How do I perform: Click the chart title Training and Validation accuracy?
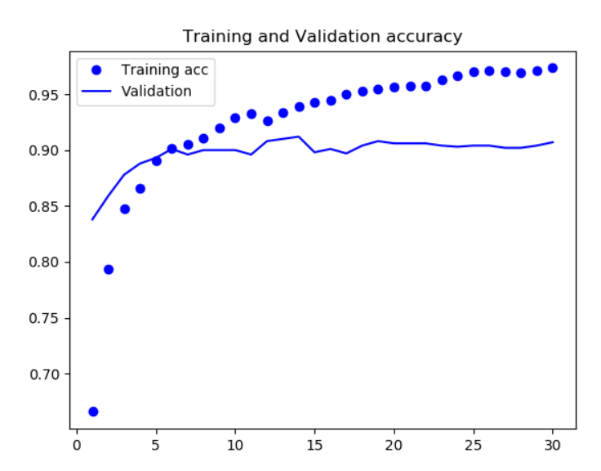coord(322,37)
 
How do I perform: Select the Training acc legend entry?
coord(164,70)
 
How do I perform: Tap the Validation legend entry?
coord(156,91)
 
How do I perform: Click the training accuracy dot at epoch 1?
coord(93,411)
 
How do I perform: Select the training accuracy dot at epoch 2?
coord(109,269)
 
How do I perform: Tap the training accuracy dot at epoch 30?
coord(553,68)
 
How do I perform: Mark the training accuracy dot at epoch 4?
coord(140,189)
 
